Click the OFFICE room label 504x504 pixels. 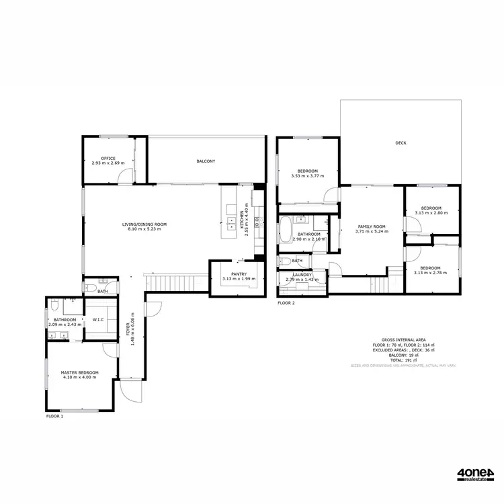pyautogui.click(x=108, y=158)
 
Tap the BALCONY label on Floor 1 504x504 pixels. pyautogui.click(x=206, y=161)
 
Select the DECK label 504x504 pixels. pyautogui.click(x=401, y=143)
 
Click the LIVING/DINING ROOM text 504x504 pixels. pyautogui.click(x=144, y=224)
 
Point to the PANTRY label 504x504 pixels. pyautogui.click(x=239, y=274)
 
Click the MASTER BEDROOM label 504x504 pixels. pyautogui.click(x=79, y=372)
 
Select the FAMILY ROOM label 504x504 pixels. pyautogui.click(x=372, y=226)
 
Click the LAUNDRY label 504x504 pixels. pyautogui.click(x=300, y=274)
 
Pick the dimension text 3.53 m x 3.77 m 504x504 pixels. pyautogui.click(x=308, y=176)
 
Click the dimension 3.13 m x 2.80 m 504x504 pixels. pyautogui.click(x=431, y=213)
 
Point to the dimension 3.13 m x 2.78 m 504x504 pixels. pyautogui.click(x=431, y=272)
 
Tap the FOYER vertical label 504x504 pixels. pyautogui.click(x=128, y=329)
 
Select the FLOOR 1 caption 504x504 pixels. pyautogui.click(x=54, y=417)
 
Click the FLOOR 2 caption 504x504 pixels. pyautogui.click(x=286, y=303)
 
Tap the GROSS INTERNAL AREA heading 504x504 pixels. pyautogui.click(x=403, y=340)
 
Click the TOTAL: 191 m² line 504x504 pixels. pyautogui.click(x=403, y=361)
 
